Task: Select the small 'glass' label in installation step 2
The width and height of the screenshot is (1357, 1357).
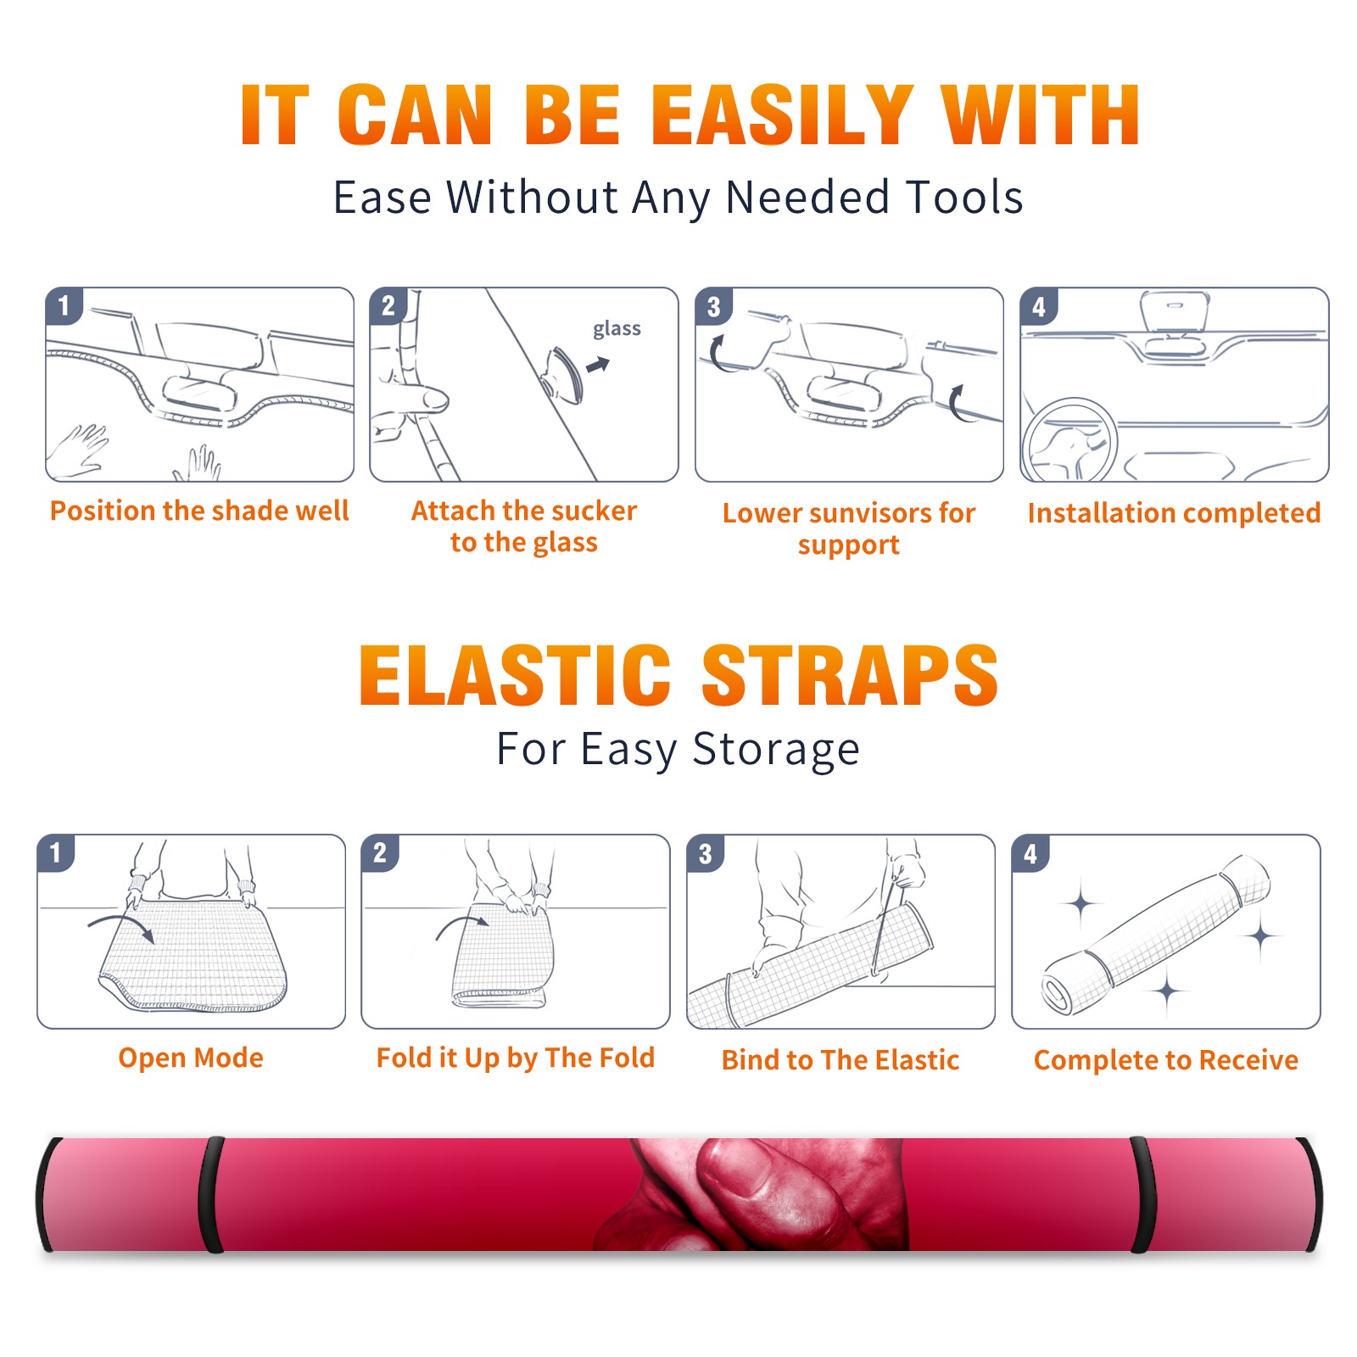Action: (617, 329)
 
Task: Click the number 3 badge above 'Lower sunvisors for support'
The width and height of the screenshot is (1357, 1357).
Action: (713, 306)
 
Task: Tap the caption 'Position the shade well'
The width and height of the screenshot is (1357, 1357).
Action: (199, 511)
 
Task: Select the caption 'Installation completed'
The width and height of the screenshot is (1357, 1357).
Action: (1174, 512)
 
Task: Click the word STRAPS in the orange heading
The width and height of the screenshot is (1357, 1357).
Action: (850, 675)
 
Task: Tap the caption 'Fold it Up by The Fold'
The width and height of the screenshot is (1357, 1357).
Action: (516, 1058)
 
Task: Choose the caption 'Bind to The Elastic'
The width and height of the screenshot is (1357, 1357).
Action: (840, 1060)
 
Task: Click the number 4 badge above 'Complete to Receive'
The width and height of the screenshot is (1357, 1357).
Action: (1030, 853)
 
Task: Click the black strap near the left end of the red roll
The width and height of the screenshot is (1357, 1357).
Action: (211, 1195)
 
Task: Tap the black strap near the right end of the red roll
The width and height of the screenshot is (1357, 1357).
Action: (1142, 1195)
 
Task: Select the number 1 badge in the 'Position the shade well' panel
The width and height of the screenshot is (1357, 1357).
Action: (64, 305)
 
